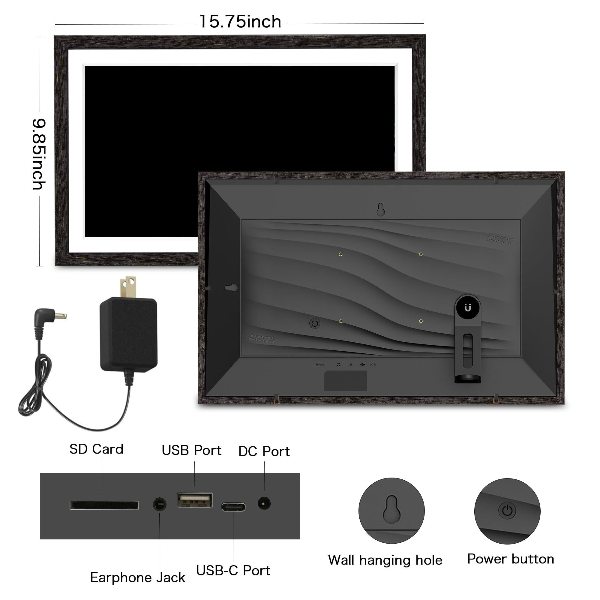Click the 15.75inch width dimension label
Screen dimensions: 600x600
240,22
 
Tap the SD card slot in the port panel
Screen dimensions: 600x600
104,505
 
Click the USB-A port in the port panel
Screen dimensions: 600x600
195,500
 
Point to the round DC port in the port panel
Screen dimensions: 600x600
264,503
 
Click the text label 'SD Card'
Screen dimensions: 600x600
96,449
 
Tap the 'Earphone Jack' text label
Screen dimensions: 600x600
138,577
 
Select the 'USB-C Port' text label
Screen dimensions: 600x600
233,571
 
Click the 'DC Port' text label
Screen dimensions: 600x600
264,451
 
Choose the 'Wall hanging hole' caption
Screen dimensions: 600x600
385,560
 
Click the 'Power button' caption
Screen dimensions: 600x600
511,559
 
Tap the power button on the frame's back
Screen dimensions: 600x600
315,324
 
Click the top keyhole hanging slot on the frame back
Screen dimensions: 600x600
381,210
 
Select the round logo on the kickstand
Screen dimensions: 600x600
468,307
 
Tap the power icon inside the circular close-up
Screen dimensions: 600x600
507,510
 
